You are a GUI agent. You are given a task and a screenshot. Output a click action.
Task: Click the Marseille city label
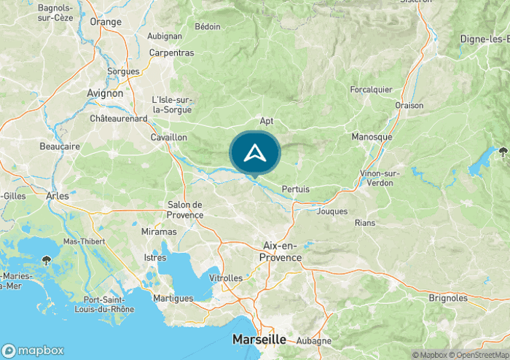pyautogui.click(x=259, y=340)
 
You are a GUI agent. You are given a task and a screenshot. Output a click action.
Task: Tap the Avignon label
pyautogui.click(x=105, y=93)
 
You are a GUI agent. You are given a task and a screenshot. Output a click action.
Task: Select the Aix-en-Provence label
pyautogui.click(x=282, y=252)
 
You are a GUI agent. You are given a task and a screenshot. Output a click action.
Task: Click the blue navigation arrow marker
pyautogui.click(x=254, y=152)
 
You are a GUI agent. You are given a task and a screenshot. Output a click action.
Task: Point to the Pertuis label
pyautogui.click(x=295, y=189)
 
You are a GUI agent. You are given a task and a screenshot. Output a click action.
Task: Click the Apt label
pyautogui.click(x=266, y=121)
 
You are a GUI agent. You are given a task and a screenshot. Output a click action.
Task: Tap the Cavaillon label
pyautogui.click(x=169, y=137)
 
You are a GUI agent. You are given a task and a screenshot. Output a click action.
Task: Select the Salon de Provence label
pyautogui.click(x=185, y=210)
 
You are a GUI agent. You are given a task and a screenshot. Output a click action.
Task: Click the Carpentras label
pyautogui.click(x=171, y=52)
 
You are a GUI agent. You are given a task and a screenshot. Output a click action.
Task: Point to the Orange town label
pyautogui.click(x=106, y=22)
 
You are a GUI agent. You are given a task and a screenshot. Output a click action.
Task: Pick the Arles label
pyautogui.click(x=57, y=196)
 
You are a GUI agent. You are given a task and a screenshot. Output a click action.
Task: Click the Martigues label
pyautogui.click(x=173, y=298)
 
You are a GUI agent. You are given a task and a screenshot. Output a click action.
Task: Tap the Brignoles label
pyautogui.click(x=448, y=298)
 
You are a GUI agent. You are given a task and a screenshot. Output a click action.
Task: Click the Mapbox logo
pyautogui.click(x=33, y=349)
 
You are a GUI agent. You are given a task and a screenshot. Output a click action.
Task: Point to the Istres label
pyautogui.click(x=155, y=258)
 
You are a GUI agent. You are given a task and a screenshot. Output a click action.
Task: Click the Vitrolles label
pyautogui.click(x=226, y=278)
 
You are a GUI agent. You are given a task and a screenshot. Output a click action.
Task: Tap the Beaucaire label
pyautogui.click(x=60, y=146)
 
